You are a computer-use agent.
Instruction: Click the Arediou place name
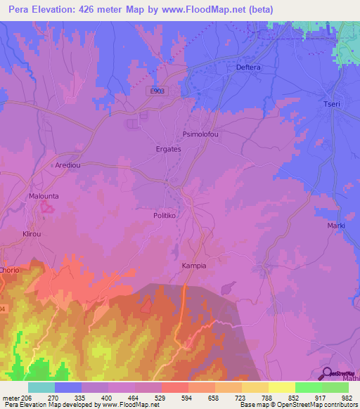click(69, 165)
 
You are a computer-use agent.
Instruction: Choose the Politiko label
click(168, 216)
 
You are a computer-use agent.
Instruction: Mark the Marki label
click(336, 226)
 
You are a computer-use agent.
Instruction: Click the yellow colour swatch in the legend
click(281, 387)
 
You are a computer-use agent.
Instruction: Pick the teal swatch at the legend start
click(41, 387)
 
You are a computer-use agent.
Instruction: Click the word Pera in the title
click(20, 9)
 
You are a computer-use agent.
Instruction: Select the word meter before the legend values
click(12, 397)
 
